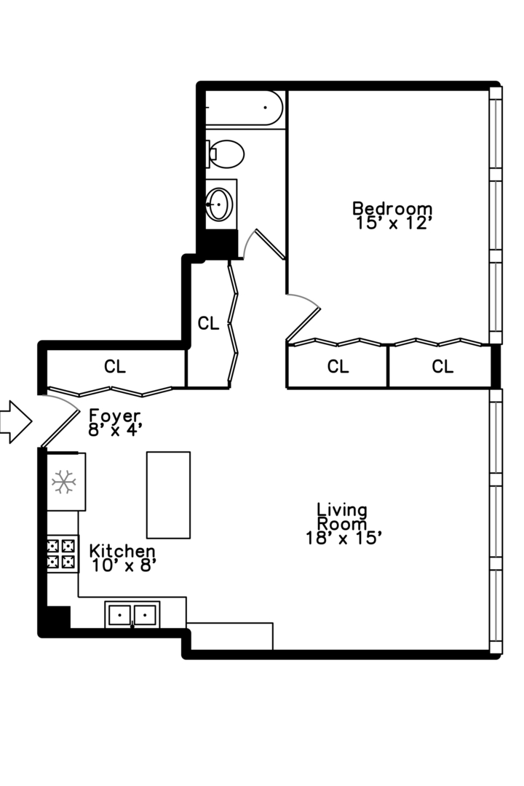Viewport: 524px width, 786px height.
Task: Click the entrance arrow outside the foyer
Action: pyautogui.click(x=15, y=421)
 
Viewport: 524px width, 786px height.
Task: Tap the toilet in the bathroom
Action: pyautogui.click(x=226, y=154)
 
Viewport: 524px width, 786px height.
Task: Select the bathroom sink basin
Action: pyautogui.click(x=219, y=205)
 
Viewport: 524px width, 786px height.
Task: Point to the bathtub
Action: pyautogui.click(x=244, y=108)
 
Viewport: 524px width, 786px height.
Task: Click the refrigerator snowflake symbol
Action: pyautogui.click(x=64, y=482)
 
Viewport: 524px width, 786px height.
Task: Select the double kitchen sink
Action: pyautogui.click(x=133, y=615)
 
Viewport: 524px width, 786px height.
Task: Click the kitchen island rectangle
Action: pyautogui.click(x=168, y=495)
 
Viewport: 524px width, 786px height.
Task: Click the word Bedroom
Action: pyautogui.click(x=392, y=208)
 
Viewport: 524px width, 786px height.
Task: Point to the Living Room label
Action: pyautogui.click(x=342, y=517)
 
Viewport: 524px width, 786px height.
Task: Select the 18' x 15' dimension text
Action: pyautogui.click(x=344, y=538)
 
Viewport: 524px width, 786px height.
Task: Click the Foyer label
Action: pyautogui.click(x=114, y=416)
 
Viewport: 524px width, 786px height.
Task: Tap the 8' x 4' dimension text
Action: pyautogui.click(x=111, y=429)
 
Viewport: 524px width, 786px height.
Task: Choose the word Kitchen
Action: pyautogui.click(x=122, y=551)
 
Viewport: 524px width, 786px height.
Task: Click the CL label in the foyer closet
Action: pyautogui.click(x=114, y=367)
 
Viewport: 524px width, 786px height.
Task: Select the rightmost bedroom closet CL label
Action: pyautogui.click(x=442, y=367)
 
